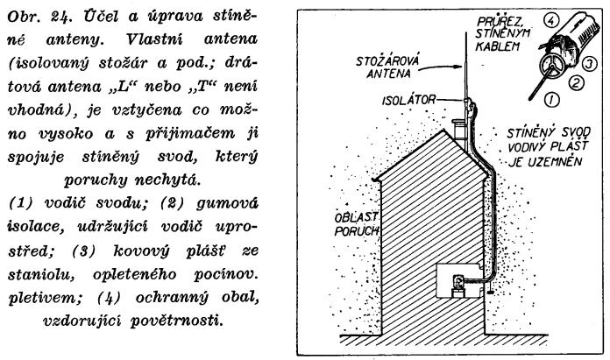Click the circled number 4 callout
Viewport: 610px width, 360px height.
pyautogui.click(x=550, y=21)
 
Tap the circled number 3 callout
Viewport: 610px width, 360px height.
pyautogui.click(x=589, y=64)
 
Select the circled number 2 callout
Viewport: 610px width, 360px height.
pyautogui.click(x=575, y=82)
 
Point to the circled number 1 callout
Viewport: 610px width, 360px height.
pyautogui.click(x=551, y=100)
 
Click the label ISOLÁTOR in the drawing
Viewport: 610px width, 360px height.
pyautogui.click(x=409, y=101)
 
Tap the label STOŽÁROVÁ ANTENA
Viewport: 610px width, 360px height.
pyautogui.click(x=388, y=67)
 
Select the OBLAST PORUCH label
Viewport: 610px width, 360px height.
pyautogui.click(x=357, y=224)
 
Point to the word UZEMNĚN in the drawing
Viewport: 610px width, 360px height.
pyautogui.click(x=558, y=162)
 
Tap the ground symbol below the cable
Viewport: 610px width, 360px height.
pyautogui.click(x=489, y=291)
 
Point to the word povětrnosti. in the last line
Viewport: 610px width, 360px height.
pyautogui.click(x=177, y=321)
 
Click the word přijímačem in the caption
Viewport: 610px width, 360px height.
pyautogui.click(x=190, y=134)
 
